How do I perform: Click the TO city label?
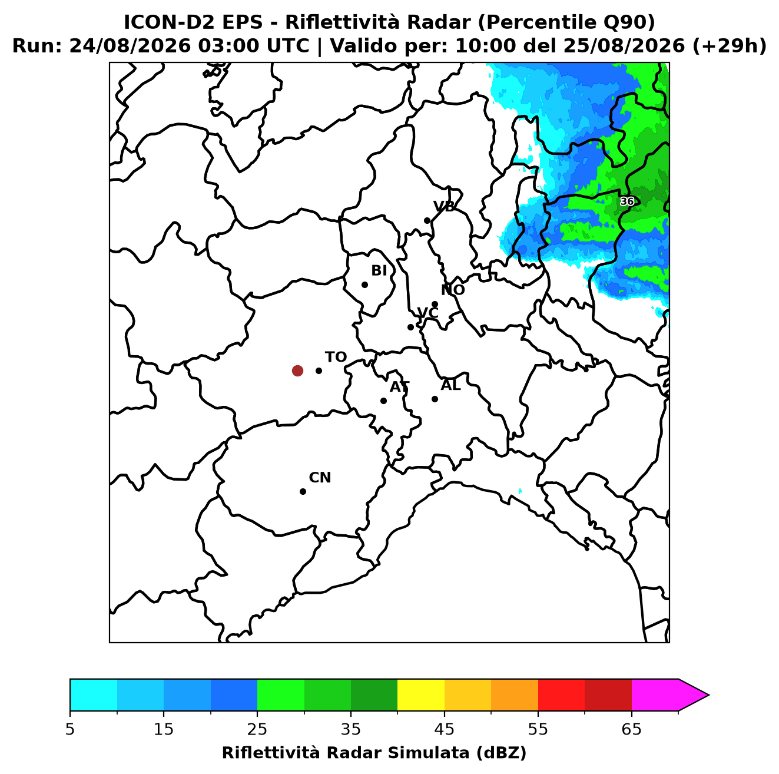pyautogui.click(x=336, y=357)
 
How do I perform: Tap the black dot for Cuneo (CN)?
pyautogui.click(x=303, y=491)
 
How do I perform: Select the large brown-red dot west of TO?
pyautogui.click(x=297, y=370)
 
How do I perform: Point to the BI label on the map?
pyautogui.click(x=379, y=271)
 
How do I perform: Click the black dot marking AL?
pyautogui.click(x=435, y=399)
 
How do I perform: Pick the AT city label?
pyautogui.click(x=399, y=387)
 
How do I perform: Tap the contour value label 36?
pyautogui.click(x=627, y=201)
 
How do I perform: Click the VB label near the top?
pyautogui.click(x=444, y=206)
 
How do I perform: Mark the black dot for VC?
pyautogui.click(x=411, y=327)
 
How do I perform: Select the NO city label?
pyautogui.click(x=452, y=290)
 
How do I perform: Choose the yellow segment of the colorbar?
pyautogui.click(x=421, y=695)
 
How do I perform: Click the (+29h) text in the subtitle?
pyautogui.click(x=730, y=46)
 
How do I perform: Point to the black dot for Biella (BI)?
pyautogui.click(x=364, y=285)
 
